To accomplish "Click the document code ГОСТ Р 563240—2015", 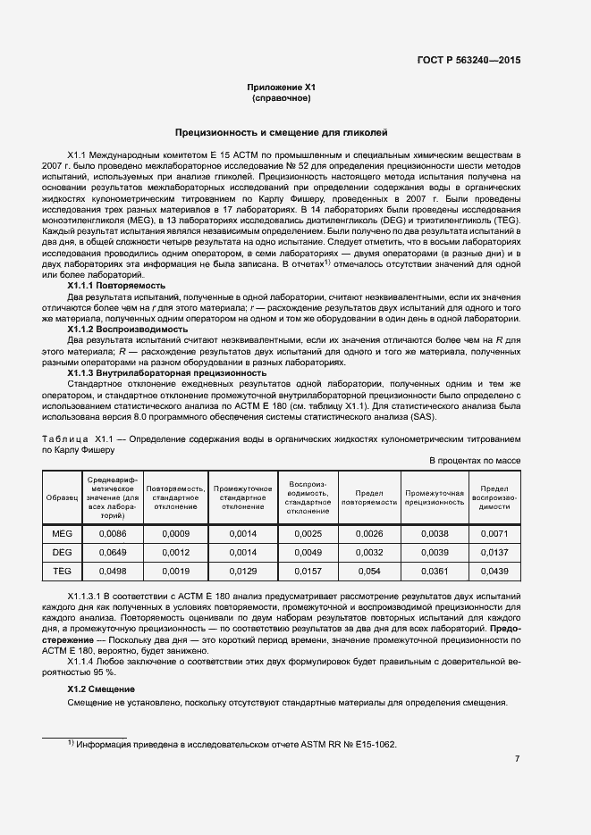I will coord(468,60).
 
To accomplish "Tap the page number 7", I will coord(518,759).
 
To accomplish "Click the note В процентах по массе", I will coord(475,461).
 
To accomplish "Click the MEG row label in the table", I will coord(62,533).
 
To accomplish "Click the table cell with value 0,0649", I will coord(113,553).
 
